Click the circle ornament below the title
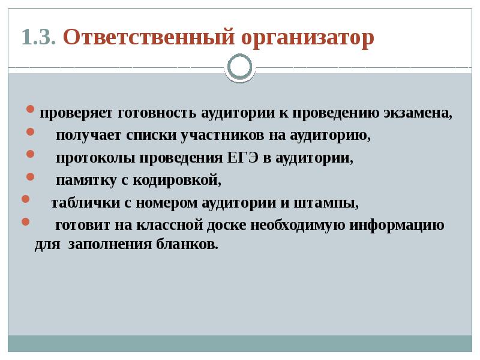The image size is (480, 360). point(240,67)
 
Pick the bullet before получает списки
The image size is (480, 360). point(31,133)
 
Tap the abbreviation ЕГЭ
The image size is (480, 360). point(243,158)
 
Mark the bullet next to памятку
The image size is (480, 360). point(31,177)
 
